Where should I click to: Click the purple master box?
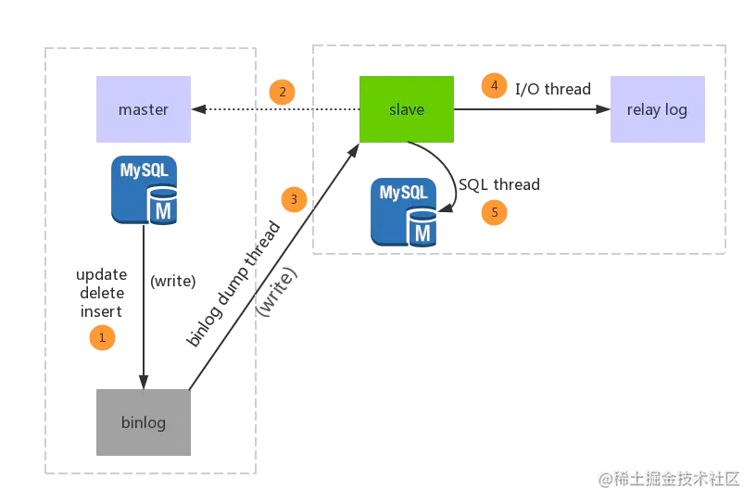[145, 110]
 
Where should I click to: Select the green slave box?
[407, 109]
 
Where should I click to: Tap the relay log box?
[658, 110]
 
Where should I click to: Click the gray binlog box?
[144, 422]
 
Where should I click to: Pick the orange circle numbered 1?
[102, 338]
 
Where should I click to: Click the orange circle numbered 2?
[282, 92]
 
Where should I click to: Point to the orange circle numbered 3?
[294, 199]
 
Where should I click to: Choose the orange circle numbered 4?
[495, 86]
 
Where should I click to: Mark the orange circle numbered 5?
[494, 212]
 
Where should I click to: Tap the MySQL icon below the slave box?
[404, 212]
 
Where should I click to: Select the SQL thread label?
[498, 185]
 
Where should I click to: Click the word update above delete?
[102, 275]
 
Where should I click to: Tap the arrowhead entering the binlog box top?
[144, 380]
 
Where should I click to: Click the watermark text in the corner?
[669, 478]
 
